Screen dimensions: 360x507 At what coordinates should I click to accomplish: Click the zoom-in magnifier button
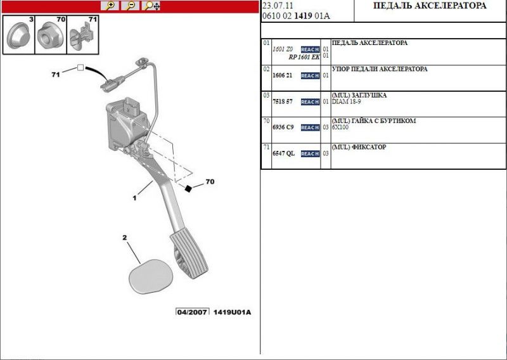coord(110,6)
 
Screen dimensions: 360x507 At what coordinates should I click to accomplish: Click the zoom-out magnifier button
coord(131,6)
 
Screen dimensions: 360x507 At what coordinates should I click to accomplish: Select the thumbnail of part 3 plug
coord(18,36)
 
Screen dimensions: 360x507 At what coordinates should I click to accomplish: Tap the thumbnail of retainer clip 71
coord(82,36)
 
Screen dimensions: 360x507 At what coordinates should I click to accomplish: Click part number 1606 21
coord(282,75)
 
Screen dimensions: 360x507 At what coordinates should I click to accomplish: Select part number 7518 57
coord(282,101)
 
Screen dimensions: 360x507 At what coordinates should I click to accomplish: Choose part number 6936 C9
coord(283,127)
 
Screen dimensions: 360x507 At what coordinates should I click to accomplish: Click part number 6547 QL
coord(283,153)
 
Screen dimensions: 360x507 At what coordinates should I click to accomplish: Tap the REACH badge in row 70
coord(310,127)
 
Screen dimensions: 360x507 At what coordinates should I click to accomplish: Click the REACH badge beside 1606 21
coord(310,75)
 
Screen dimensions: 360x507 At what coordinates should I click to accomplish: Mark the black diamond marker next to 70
coord(188,188)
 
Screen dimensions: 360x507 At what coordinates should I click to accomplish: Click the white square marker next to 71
coord(80,68)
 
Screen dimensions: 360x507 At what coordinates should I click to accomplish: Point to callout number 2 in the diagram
coord(125,238)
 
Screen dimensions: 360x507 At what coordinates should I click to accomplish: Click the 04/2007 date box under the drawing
coord(192,312)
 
